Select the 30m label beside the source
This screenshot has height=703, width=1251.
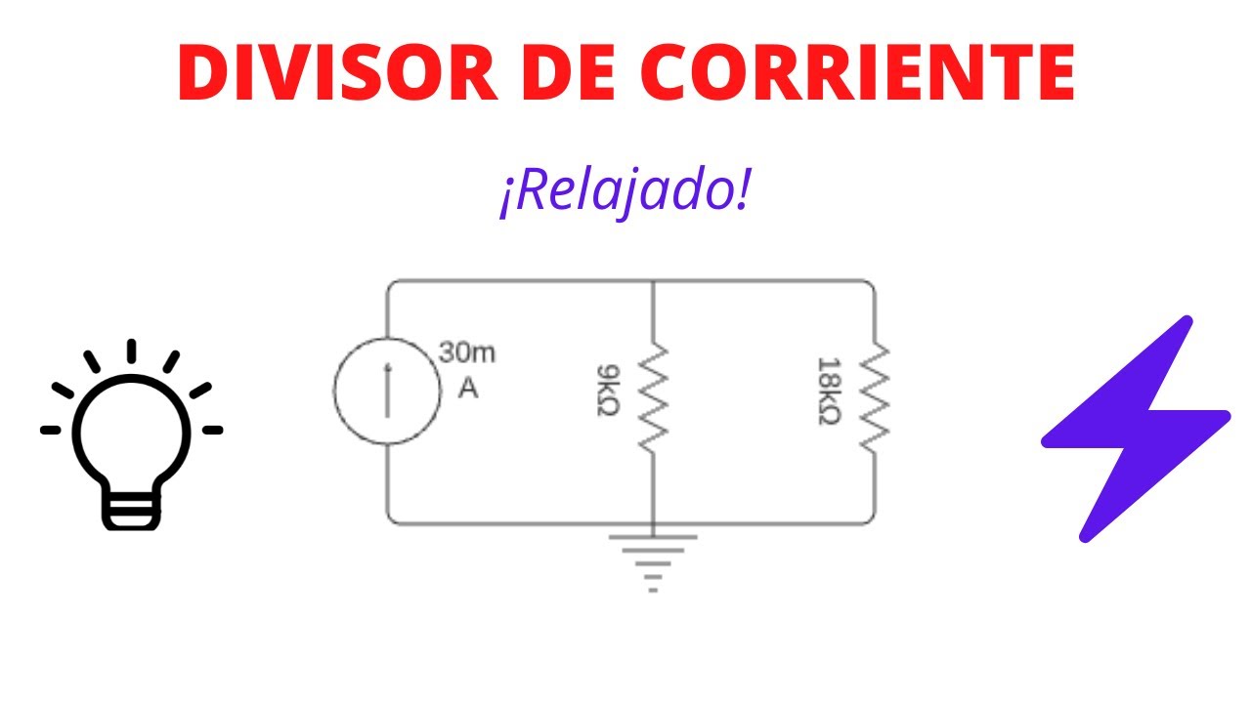click(x=467, y=353)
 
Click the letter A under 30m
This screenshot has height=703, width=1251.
click(x=468, y=389)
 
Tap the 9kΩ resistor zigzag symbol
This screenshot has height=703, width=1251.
click(x=652, y=396)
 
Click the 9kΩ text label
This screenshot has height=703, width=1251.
click(x=607, y=391)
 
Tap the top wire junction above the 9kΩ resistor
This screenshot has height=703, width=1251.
click(x=652, y=281)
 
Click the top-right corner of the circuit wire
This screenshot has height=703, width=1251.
click(x=872, y=283)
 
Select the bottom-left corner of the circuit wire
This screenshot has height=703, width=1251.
click(x=390, y=521)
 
